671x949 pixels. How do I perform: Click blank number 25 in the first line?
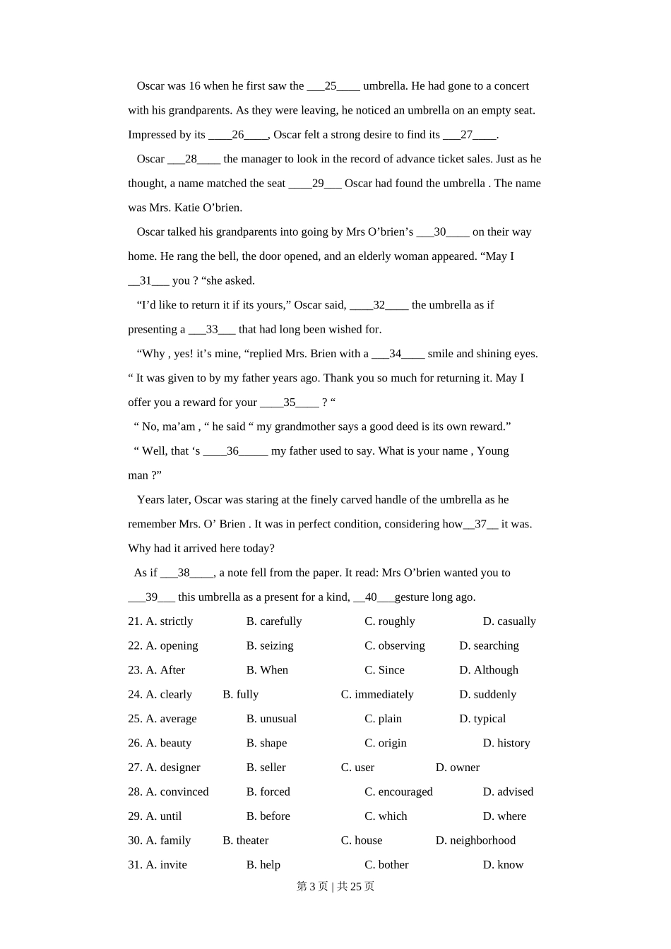click(331, 86)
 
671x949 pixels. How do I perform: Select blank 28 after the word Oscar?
click(191, 160)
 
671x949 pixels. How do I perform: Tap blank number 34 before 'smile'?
click(396, 354)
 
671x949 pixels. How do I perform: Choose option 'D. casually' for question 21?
click(509, 621)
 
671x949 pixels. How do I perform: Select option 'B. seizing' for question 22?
click(270, 646)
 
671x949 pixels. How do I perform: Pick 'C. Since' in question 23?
click(384, 670)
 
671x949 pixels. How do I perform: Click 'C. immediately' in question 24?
click(377, 695)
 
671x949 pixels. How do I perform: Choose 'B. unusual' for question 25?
click(271, 719)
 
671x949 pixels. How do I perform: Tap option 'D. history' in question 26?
click(506, 744)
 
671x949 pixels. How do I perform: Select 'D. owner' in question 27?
click(458, 768)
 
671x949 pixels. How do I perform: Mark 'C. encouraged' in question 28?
click(398, 792)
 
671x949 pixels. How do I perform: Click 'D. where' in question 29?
click(504, 816)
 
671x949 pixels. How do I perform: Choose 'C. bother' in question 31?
click(386, 865)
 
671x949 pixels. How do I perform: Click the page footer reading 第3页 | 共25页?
click(335, 887)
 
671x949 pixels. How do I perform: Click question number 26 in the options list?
click(135, 744)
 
